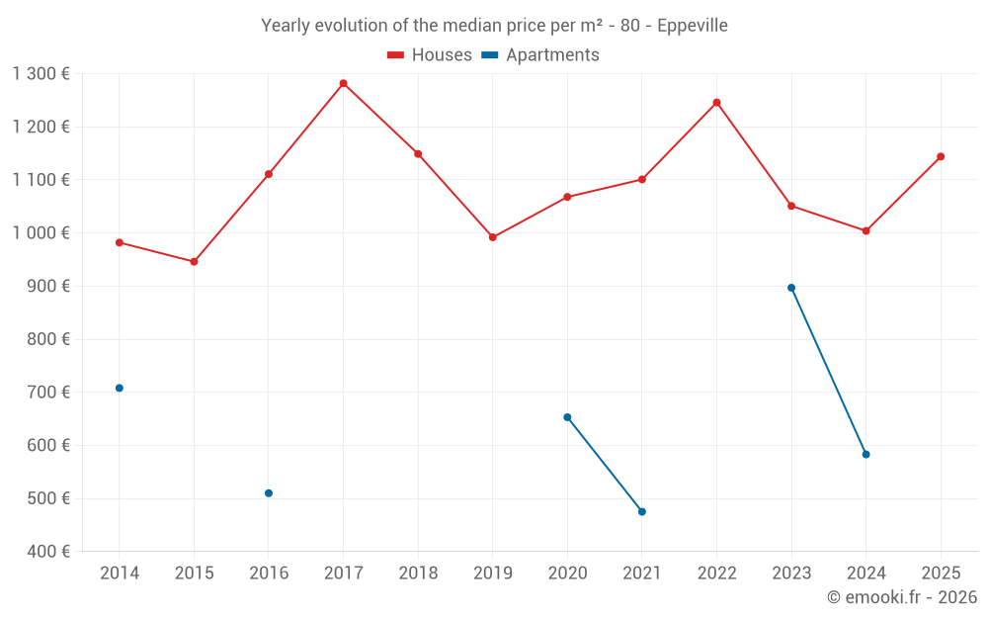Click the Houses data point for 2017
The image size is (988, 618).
[x=343, y=83]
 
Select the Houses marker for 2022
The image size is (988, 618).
[x=716, y=102]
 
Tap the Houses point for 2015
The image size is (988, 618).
[x=194, y=262]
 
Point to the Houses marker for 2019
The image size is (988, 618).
[x=493, y=237]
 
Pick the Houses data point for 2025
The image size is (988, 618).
[x=941, y=156]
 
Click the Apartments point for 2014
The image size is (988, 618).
[x=120, y=388]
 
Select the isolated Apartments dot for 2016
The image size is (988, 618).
[x=269, y=493]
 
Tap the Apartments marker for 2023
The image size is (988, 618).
[x=791, y=288]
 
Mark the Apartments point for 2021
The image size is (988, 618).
[x=642, y=511]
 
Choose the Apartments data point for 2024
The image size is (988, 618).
[x=865, y=455]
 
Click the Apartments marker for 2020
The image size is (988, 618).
[x=567, y=417]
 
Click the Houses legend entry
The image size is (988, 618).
[x=429, y=55]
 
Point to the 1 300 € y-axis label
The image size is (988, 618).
[x=41, y=73]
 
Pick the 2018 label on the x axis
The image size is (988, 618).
[x=418, y=573]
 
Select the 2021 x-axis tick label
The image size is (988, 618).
[x=642, y=573]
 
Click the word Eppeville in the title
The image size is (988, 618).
[x=693, y=25]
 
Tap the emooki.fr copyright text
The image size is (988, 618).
[x=901, y=597]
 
